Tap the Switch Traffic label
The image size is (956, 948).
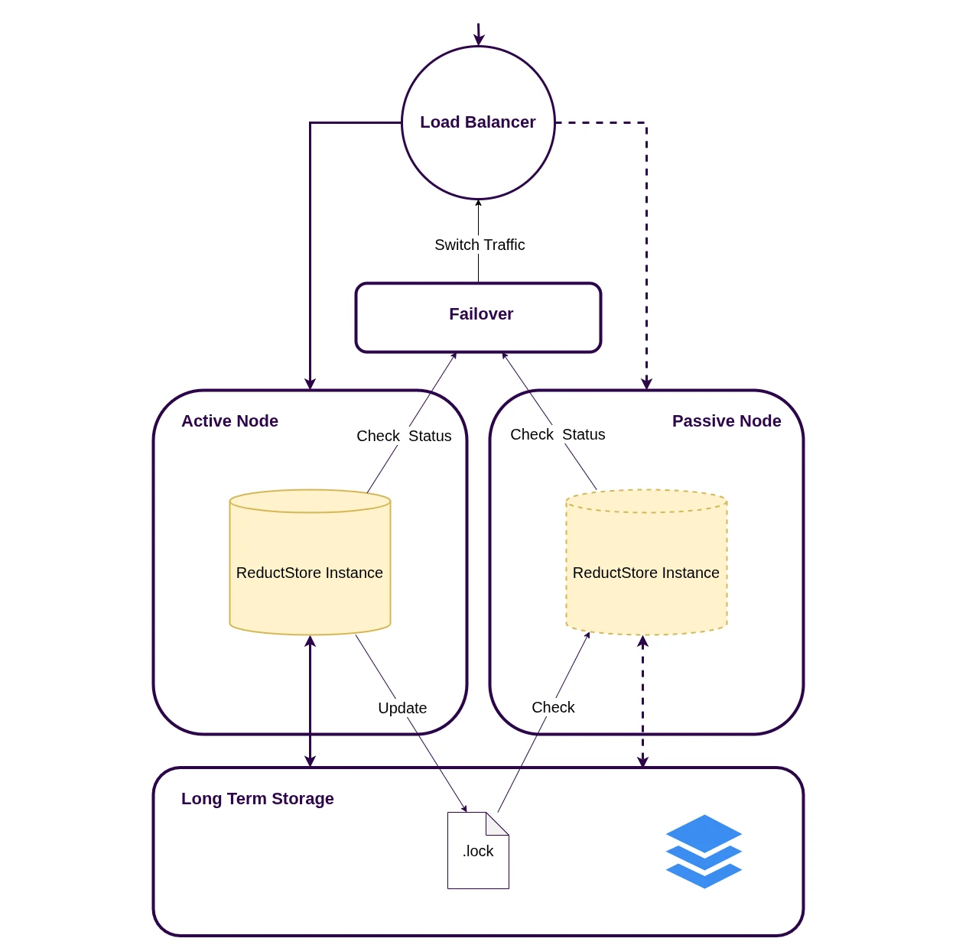(480, 245)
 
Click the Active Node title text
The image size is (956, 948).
(229, 421)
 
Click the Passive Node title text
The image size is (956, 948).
(727, 421)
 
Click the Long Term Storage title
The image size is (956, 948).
(258, 799)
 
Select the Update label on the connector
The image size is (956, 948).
(402, 708)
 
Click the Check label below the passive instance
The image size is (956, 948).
(553, 707)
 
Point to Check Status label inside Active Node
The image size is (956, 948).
(404, 436)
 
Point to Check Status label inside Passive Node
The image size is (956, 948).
(558, 434)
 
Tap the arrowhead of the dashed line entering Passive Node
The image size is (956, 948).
(646, 383)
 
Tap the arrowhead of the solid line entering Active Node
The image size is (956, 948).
(310, 383)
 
